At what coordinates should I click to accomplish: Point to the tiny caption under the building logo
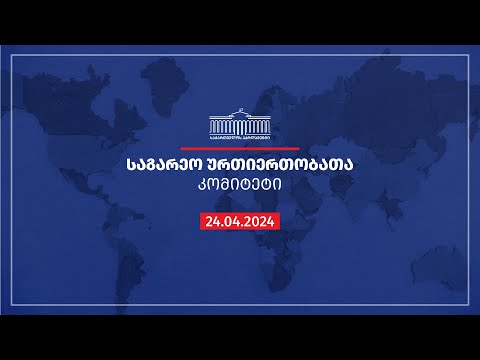point(240,135)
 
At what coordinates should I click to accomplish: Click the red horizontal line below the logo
point(240,145)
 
